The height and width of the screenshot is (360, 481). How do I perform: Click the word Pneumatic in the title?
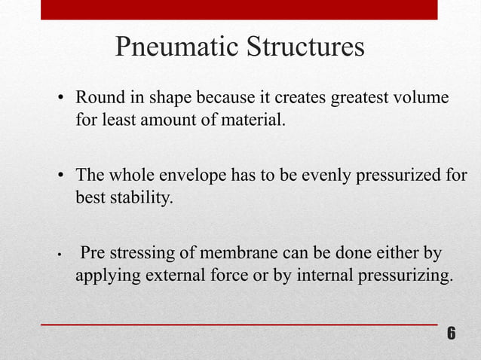(x=176, y=47)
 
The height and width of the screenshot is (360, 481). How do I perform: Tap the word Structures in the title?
(x=305, y=47)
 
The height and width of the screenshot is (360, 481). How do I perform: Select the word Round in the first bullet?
(x=96, y=99)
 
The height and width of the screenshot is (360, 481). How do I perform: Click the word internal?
(x=322, y=275)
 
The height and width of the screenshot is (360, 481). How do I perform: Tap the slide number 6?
(x=451, y=334)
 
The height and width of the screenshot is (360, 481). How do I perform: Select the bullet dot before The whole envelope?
(x=63, y=178)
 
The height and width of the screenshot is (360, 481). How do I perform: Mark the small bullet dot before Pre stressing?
(x=61, y=254)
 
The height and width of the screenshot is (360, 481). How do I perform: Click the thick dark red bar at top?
(x=238, y=9)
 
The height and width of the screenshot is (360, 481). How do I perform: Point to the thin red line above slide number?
(x=238, y=324)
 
